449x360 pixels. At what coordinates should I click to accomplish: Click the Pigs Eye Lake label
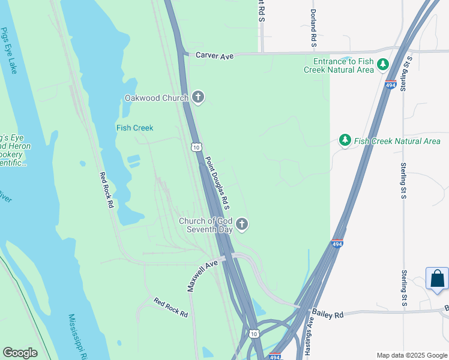coord(9,50)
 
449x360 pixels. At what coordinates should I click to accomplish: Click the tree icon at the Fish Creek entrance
coord(381,65)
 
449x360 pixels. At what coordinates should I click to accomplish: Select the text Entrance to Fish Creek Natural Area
coord(343,65)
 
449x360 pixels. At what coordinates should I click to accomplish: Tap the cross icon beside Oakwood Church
coord(198,97)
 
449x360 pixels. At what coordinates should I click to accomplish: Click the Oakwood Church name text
coord(156,98)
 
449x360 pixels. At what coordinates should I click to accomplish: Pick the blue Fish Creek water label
coord(134,128)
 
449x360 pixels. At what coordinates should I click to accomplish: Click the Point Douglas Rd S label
coord(218,183)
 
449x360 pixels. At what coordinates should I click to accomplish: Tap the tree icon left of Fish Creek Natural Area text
coord(345,140)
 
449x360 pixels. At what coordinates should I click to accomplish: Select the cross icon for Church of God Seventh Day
coord(242,224)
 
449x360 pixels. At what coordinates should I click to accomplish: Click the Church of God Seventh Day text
coord(205,225)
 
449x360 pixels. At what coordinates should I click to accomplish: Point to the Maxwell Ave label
coord(202,276)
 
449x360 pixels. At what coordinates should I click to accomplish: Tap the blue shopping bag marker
coord(437,279)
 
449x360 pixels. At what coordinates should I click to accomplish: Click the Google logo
coord(20,353)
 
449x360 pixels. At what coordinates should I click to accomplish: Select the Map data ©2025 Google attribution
coord(411,355)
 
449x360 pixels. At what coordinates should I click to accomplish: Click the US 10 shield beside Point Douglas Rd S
coord(196,146)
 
